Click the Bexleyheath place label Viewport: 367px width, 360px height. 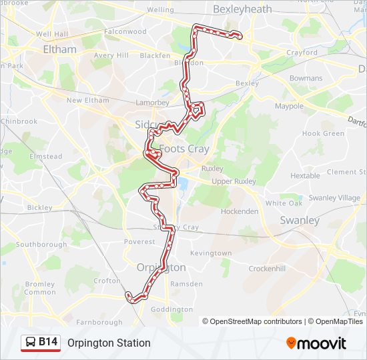[242, 9]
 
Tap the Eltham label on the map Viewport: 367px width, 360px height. [59, 49]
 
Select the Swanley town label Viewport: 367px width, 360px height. [300, 221]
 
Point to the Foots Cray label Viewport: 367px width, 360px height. [183, 149]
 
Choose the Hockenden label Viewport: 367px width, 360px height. [240, 211]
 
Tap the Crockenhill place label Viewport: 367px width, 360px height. [268, 268]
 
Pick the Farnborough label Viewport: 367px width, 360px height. [99, 323]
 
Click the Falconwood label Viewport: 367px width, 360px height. [125, 31]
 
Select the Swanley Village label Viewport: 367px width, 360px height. [335, 198]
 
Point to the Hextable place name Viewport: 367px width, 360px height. [305, 176]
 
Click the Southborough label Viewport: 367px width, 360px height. [41, 245]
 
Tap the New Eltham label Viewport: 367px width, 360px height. [87, 101]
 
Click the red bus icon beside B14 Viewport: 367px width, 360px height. [31, 343]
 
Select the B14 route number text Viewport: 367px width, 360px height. [48, 343]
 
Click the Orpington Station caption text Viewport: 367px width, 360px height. [109, 343]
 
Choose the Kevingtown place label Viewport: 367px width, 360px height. [211, 253]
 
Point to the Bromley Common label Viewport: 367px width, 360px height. [40, 288]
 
